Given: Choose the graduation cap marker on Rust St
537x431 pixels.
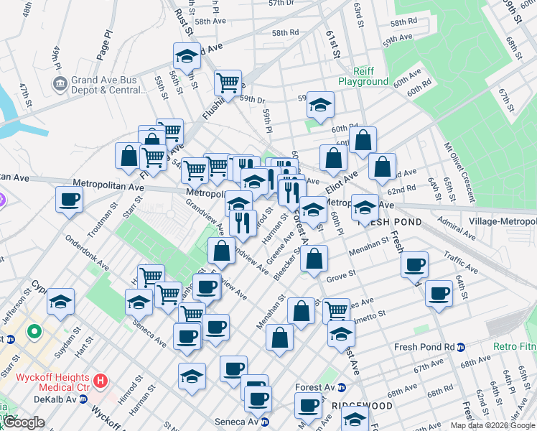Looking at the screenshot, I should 187,56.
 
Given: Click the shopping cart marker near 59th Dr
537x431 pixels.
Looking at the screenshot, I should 228,83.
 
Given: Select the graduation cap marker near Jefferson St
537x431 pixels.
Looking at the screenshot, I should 61,301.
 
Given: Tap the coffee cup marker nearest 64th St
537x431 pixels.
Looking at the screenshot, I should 439,293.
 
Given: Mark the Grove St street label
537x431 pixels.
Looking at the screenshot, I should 341,274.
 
